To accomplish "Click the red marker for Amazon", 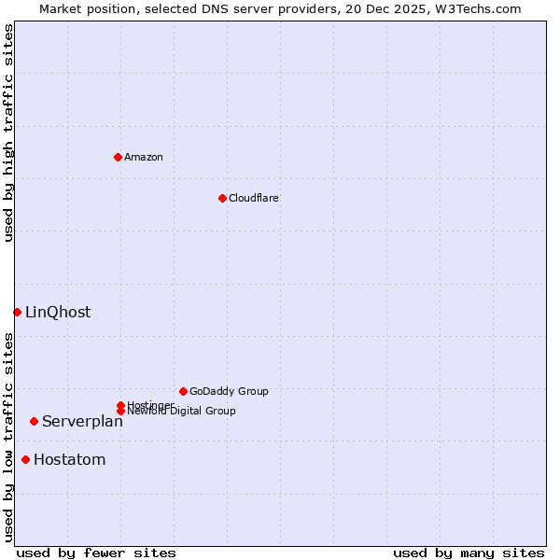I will [x=118, y=157].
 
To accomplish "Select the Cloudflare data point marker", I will [x=222, y=198].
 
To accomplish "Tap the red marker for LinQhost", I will [x=17, y=312].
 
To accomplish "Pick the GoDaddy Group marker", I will [x=183, y=391].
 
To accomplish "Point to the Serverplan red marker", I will [x=34, y=421].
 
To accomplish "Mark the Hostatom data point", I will [x=25, y=459].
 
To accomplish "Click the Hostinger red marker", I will [x=120, y=405].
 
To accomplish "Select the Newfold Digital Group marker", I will [x=120, y=412].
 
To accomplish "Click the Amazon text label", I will [x=144, y=157].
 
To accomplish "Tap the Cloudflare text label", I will [x=254, y=198].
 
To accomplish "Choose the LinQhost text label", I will [x=58, y=312].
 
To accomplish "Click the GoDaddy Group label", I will [x=229, y=391].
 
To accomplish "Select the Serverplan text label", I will [x=82, y=421].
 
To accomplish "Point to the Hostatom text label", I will [x=70, y=459].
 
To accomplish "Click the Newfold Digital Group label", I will [x=181, y=412].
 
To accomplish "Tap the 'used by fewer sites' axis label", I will [x=96, y=553].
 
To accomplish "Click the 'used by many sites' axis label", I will [x=469, y=553].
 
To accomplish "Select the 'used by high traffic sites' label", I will [x=8, y=133].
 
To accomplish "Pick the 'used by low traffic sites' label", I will [x=8, y=437].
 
